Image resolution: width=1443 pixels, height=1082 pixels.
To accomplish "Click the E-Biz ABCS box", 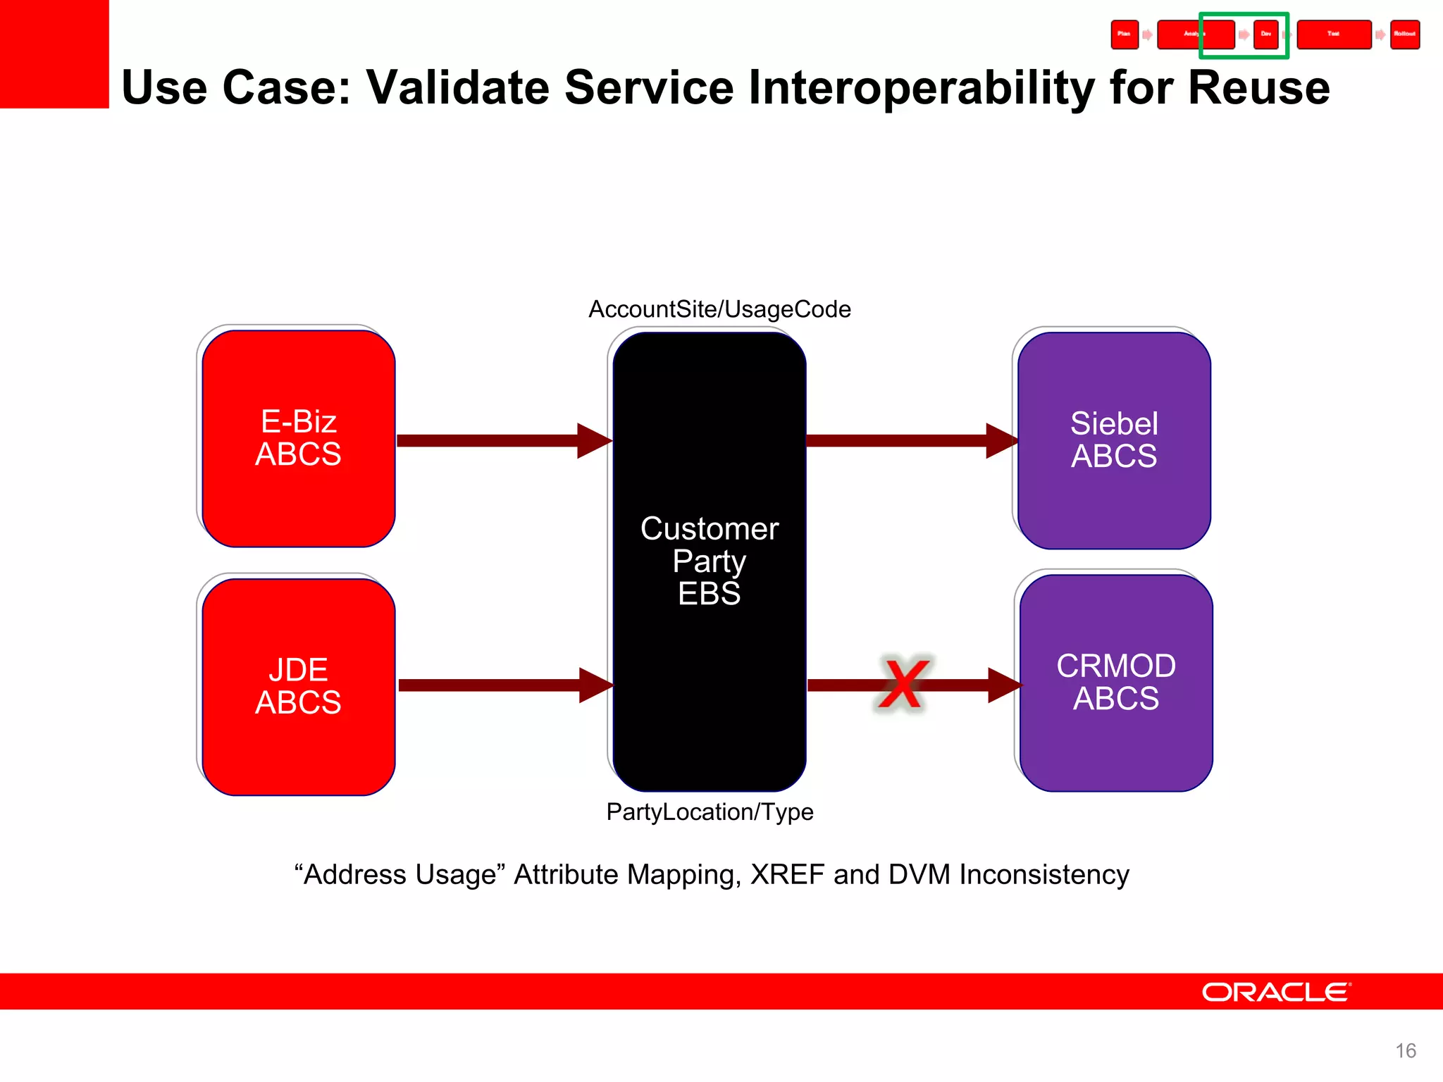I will [298, 438].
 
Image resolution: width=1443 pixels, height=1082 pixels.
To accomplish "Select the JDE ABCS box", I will [298, 686].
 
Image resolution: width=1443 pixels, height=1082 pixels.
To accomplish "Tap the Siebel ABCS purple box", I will [1114, 440].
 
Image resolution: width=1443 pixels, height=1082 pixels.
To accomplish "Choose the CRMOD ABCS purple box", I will [1115, 682].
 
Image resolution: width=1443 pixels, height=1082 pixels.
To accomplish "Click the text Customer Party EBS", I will [709, 561].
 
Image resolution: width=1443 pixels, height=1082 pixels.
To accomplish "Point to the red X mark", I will [902, 685].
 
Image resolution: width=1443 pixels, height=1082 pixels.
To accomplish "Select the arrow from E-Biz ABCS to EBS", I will [493, 441].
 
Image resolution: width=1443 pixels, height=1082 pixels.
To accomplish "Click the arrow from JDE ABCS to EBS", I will [493, 685].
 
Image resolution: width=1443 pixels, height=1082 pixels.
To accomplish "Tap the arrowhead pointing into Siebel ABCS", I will [1001, 441].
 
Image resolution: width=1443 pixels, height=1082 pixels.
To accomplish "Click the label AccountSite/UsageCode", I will [719, 309].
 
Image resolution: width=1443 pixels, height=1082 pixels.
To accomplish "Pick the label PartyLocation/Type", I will [710, 812].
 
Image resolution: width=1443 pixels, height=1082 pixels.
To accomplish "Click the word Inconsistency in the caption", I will [1043, 875].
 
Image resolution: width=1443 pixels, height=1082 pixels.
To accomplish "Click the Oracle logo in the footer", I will [1276, 992].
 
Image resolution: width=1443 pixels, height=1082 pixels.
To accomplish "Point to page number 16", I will [1405, 1051].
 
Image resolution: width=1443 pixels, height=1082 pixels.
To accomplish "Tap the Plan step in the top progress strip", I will [1125, 35].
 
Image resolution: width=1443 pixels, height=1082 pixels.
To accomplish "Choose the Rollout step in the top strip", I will [1404, 35].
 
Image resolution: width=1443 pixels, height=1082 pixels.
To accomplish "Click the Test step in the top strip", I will [1333, 35].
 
